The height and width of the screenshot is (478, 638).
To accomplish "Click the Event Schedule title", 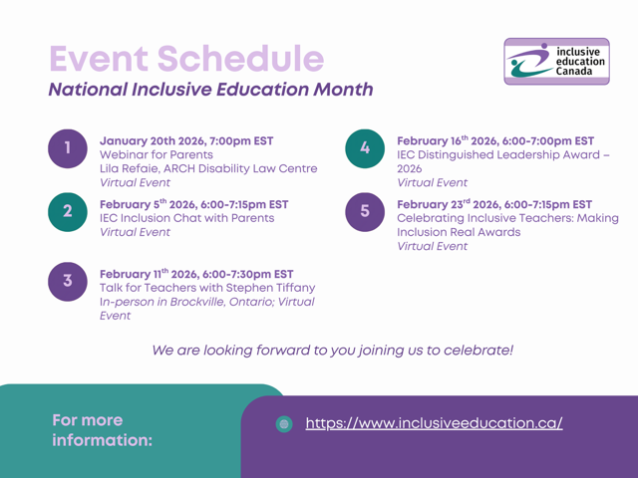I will [186, 59].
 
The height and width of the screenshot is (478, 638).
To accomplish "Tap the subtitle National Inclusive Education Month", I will [210, 90].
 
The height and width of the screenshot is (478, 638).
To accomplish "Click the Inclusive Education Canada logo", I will [555, 61].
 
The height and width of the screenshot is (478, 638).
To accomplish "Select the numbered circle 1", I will [67, 148].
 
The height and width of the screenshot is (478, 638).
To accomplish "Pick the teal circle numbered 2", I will [67, 211].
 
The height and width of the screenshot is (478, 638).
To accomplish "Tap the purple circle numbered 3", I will [67, 281].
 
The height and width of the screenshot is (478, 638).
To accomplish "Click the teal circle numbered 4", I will [365, 148].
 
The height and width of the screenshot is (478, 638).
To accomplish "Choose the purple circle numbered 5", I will [365, 212].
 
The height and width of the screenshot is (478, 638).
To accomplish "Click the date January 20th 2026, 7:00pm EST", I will [186, 140].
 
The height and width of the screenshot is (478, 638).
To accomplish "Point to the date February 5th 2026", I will [193, 204].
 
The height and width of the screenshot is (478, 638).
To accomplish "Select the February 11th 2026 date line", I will [196, 273].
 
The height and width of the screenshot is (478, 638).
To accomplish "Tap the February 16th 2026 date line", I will [495, 140].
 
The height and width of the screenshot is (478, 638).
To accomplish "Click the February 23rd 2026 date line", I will [494, 204].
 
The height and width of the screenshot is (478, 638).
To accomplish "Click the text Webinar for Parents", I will [156, 154].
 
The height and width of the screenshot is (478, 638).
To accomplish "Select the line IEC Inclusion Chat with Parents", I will [186, 218].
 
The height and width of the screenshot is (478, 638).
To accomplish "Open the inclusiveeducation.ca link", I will [434, 423].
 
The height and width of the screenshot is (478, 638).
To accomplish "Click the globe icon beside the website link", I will [284, 424].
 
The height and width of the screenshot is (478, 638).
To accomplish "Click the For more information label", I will [103, 430].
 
